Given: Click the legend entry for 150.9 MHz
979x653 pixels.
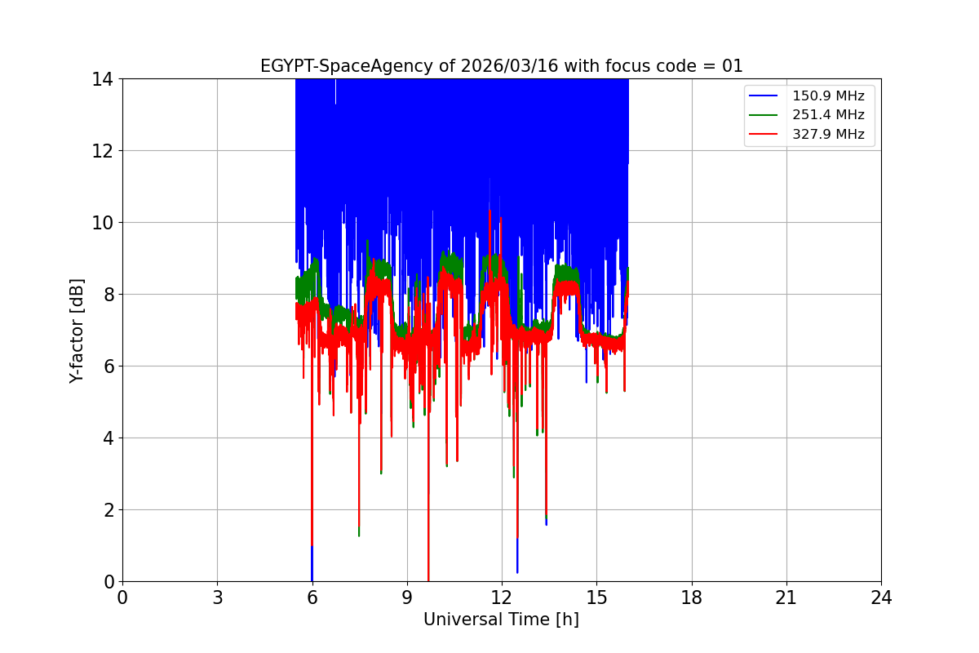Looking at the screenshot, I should tap(828, 96).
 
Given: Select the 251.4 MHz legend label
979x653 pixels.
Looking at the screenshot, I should tap(828, 115).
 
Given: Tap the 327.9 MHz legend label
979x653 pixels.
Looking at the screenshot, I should tap(828, 135).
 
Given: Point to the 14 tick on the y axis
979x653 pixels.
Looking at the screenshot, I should tap(103, 79).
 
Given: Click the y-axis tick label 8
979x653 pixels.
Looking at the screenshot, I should tap(108, 295).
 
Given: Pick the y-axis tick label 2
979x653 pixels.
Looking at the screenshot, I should tap(108, 510).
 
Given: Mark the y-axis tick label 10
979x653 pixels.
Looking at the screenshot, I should tap(103, 223).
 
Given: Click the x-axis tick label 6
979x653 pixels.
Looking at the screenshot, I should tap(312, 598).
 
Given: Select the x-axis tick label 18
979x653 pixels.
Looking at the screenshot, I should tap(692, 598).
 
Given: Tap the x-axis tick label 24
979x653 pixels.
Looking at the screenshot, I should tap(881, 598).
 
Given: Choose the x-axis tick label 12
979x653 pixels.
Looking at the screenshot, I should tap(502, 598).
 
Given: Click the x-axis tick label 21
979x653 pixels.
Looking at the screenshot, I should tap(786, 598).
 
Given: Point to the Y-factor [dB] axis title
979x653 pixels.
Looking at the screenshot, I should tap(77, 330).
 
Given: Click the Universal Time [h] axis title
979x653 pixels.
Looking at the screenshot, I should tap(501, 620).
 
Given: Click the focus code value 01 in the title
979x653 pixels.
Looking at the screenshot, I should tap(733, 66).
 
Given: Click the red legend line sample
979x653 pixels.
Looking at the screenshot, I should tap(765, 135).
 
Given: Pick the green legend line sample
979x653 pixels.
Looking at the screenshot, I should tap(765, 115).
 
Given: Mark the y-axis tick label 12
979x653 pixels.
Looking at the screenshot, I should tap(103, 151).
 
